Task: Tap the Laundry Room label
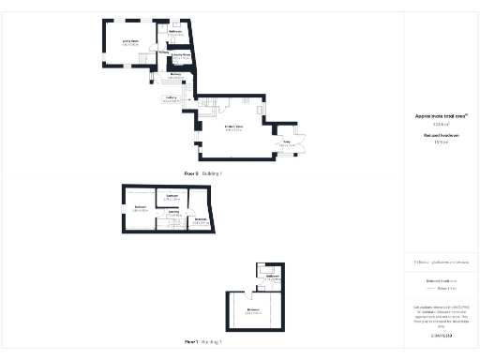click(181, 57)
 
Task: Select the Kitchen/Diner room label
click(233, 127)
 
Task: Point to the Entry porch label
click(287, 145)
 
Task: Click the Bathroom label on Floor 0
click(175, 33)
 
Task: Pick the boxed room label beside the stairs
click(171, 98)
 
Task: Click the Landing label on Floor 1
click(173, 213)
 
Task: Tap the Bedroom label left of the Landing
click(141, 208)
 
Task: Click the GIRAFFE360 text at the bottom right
click(441, 335)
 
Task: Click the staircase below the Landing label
click(175, 224)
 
